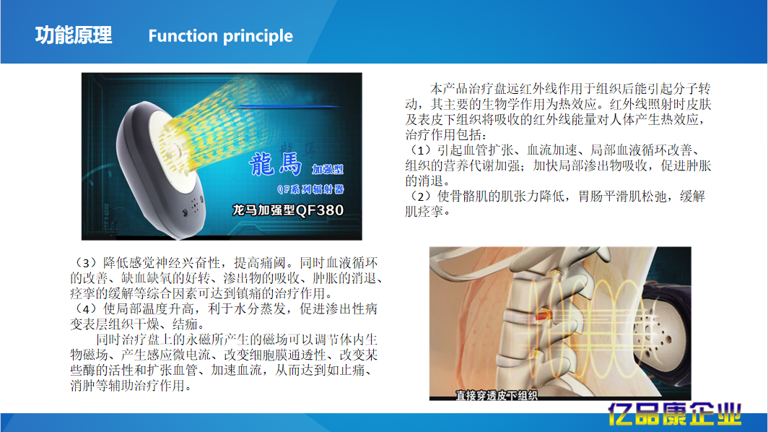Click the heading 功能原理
[x=74, y=35]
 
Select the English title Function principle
[x=220, y=36]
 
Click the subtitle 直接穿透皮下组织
[x=497, y=394]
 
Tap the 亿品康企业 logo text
[x=674, y=415]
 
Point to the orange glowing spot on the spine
[x=541, y=315]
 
